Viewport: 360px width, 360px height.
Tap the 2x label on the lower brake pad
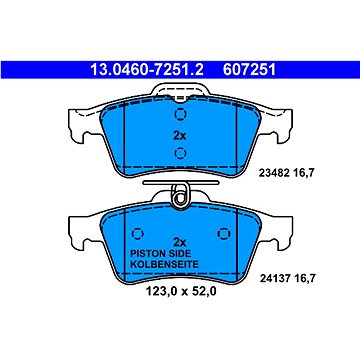point(180,241)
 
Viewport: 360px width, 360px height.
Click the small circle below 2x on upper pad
point(179,152)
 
